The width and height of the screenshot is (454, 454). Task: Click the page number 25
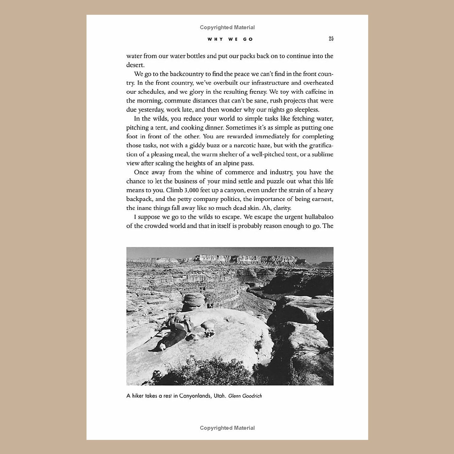click(x=331, y=39)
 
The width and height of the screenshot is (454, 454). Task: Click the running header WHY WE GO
click(x=230, y=39)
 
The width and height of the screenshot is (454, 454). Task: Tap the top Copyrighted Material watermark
click(x=227, y=27)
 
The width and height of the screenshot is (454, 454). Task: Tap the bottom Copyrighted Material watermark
click(x=227, y=428)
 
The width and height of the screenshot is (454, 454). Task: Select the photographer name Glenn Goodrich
click(x=245, y=396)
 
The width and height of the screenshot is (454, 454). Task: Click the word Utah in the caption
click(x=220, y=396)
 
